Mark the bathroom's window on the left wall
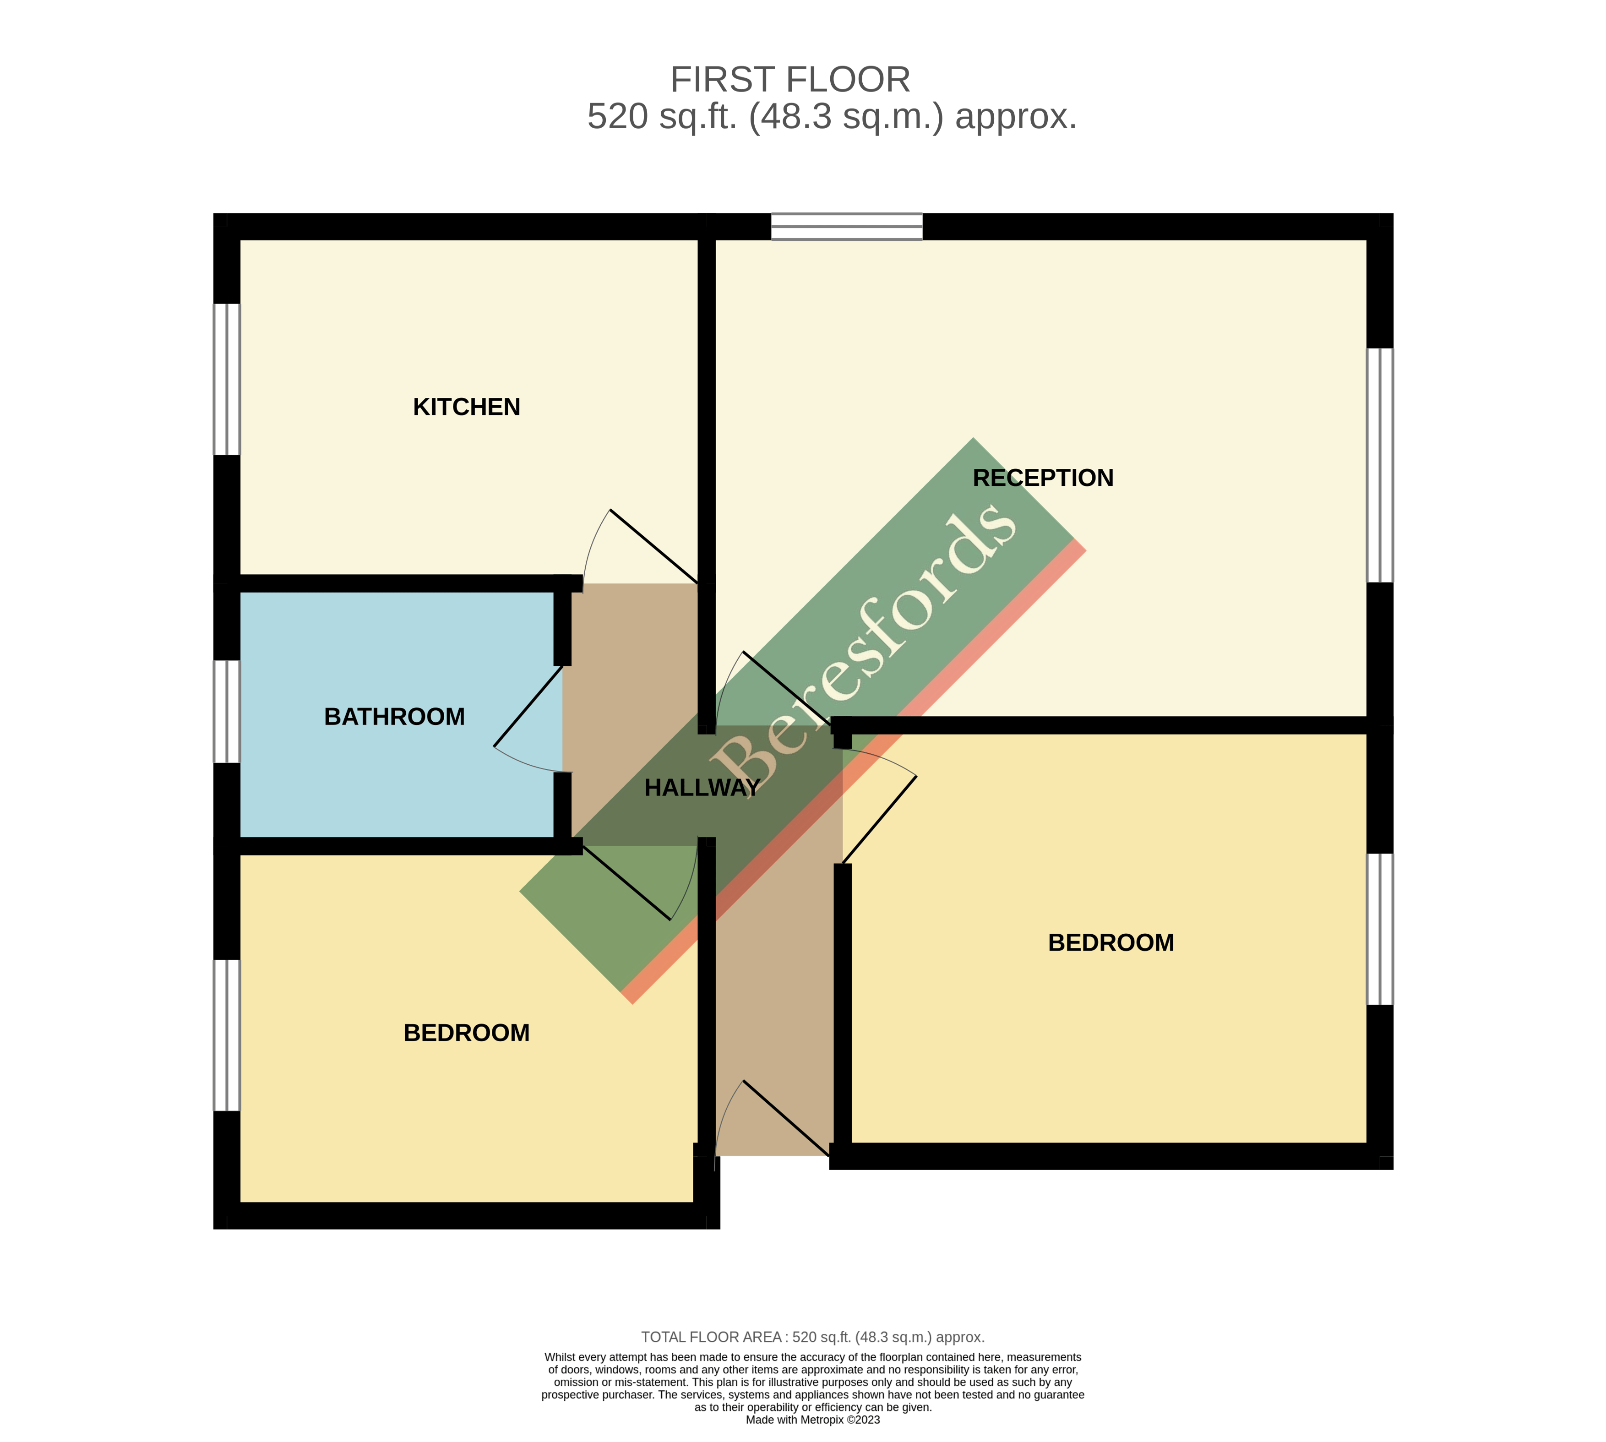point(227,712)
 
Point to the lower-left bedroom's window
point(227,1035)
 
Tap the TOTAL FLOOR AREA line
point(812,1338)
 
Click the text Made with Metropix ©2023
point(812,1420)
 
